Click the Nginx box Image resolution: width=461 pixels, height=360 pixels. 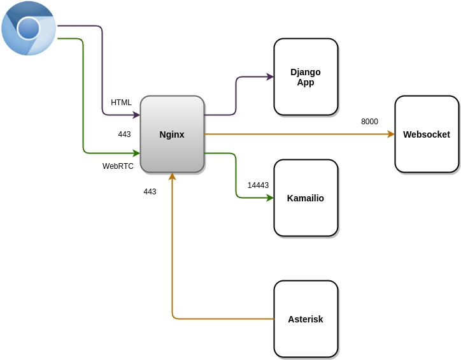(x=172, y=134)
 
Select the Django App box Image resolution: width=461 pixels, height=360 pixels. (x=306, y=77)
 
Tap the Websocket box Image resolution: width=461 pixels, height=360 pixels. (x=427, y=134)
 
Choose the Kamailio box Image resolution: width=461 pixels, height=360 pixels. (x=306, y=198)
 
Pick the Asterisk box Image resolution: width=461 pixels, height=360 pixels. (x=306, y=319)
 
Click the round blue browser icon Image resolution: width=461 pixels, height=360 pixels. (x=29, y=28)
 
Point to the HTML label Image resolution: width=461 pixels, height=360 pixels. (x=121, y=103)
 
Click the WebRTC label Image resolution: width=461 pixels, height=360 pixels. (x=118, y=166)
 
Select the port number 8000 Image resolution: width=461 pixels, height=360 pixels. (x=369, y=122)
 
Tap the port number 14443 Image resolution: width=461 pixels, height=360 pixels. (x=258, y=185)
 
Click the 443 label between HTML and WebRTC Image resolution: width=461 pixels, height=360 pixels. (x=124, y=134)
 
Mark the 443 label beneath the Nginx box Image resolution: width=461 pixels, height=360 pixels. (x=150, y=192)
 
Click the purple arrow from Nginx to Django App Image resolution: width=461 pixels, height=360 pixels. (x=236, y=96)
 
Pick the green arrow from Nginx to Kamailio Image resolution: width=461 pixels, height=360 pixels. (x=236, y=175)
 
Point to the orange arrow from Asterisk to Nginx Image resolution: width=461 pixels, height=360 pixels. (x=173, y=255)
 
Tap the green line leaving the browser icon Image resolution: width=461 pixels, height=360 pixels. (x=83, y=96)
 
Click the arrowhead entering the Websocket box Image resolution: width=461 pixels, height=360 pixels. (x=391, y=134)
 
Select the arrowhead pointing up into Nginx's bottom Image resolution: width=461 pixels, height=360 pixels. (x=173, y=176)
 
